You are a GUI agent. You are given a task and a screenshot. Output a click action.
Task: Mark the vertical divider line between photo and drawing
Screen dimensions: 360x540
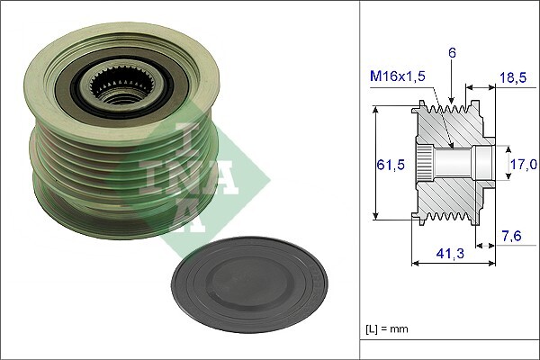tap(360, 180)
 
